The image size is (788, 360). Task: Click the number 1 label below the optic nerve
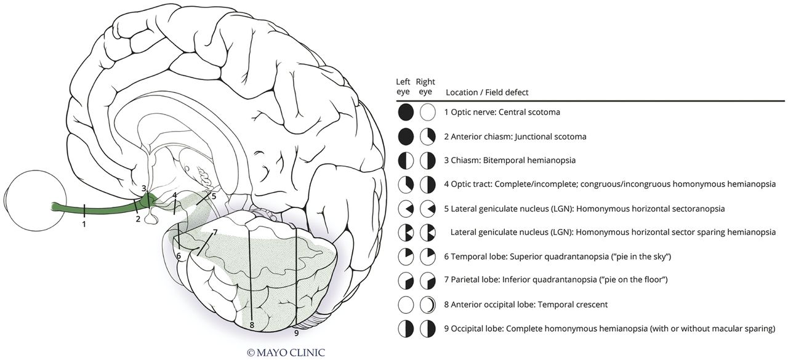point(84,223)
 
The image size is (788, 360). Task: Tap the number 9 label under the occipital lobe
point(297,333)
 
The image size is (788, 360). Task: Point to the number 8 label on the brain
point(252,324)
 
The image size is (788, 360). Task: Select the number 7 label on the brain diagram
point(215,232)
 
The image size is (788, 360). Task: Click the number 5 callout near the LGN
point(214,196)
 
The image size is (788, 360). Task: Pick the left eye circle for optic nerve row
point(405,113)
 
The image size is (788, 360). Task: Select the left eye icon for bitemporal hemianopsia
point(405,161)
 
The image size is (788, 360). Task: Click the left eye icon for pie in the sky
point(405,256)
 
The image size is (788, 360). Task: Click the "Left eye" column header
point(403,87)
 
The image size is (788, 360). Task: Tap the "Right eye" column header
point(425,87)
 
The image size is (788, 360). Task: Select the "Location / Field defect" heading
point(486,92)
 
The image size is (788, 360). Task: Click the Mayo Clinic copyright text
point(286,353)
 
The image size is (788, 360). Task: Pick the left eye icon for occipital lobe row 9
point(405,328)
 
